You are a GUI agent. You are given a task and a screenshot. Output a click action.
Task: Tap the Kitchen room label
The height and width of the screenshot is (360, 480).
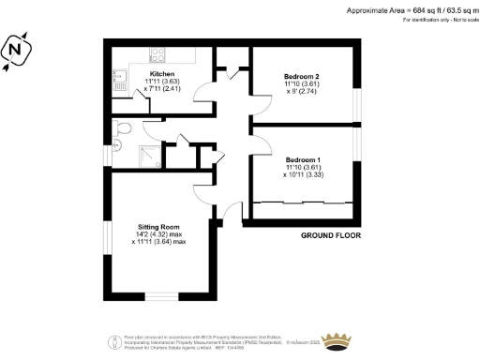pos(162,72)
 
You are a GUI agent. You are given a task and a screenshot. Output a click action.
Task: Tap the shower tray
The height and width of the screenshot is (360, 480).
pos(150,156)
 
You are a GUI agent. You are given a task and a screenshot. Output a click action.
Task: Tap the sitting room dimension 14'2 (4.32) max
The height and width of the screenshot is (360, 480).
pos(161,234)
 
